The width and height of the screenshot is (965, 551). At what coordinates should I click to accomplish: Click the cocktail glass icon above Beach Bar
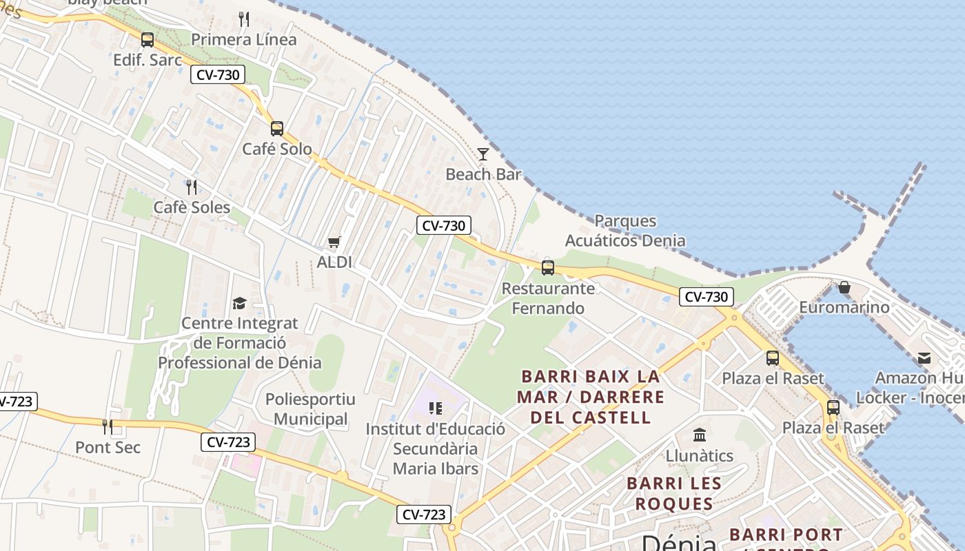(483, 154)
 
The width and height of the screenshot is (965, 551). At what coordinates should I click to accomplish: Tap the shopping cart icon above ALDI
(334, 242)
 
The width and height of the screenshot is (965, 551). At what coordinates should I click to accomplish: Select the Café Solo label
(277, 149)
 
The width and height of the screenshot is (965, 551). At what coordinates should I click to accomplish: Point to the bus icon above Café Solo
(277, 129)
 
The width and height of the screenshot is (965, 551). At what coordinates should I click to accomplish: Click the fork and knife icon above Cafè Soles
(192, 187)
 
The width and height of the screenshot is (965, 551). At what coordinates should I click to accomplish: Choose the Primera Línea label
(244, 39)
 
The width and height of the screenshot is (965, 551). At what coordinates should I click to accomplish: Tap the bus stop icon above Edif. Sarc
(148, 40)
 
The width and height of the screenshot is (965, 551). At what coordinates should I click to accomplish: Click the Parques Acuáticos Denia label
(625, 231)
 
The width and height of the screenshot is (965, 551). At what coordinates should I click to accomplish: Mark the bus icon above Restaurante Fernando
(548, 268)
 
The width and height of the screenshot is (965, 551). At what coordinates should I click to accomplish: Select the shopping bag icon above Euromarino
(844, 287)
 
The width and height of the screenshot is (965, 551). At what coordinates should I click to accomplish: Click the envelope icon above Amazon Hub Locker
(924, 358)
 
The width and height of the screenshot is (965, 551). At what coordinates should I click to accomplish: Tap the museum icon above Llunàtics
(700, 435)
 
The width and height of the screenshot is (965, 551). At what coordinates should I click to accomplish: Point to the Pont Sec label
(108, 447)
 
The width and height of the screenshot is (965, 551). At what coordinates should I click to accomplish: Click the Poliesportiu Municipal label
(311, 409)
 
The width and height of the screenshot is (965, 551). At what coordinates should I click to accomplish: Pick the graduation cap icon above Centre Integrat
(239, 303)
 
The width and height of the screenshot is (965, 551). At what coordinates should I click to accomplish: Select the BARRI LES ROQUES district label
(674, 493)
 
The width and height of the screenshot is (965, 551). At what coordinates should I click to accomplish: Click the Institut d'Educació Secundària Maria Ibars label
(436, 448)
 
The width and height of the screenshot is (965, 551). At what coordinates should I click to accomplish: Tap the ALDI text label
(334, 262)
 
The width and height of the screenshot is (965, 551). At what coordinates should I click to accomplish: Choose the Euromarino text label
(844, 307)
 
